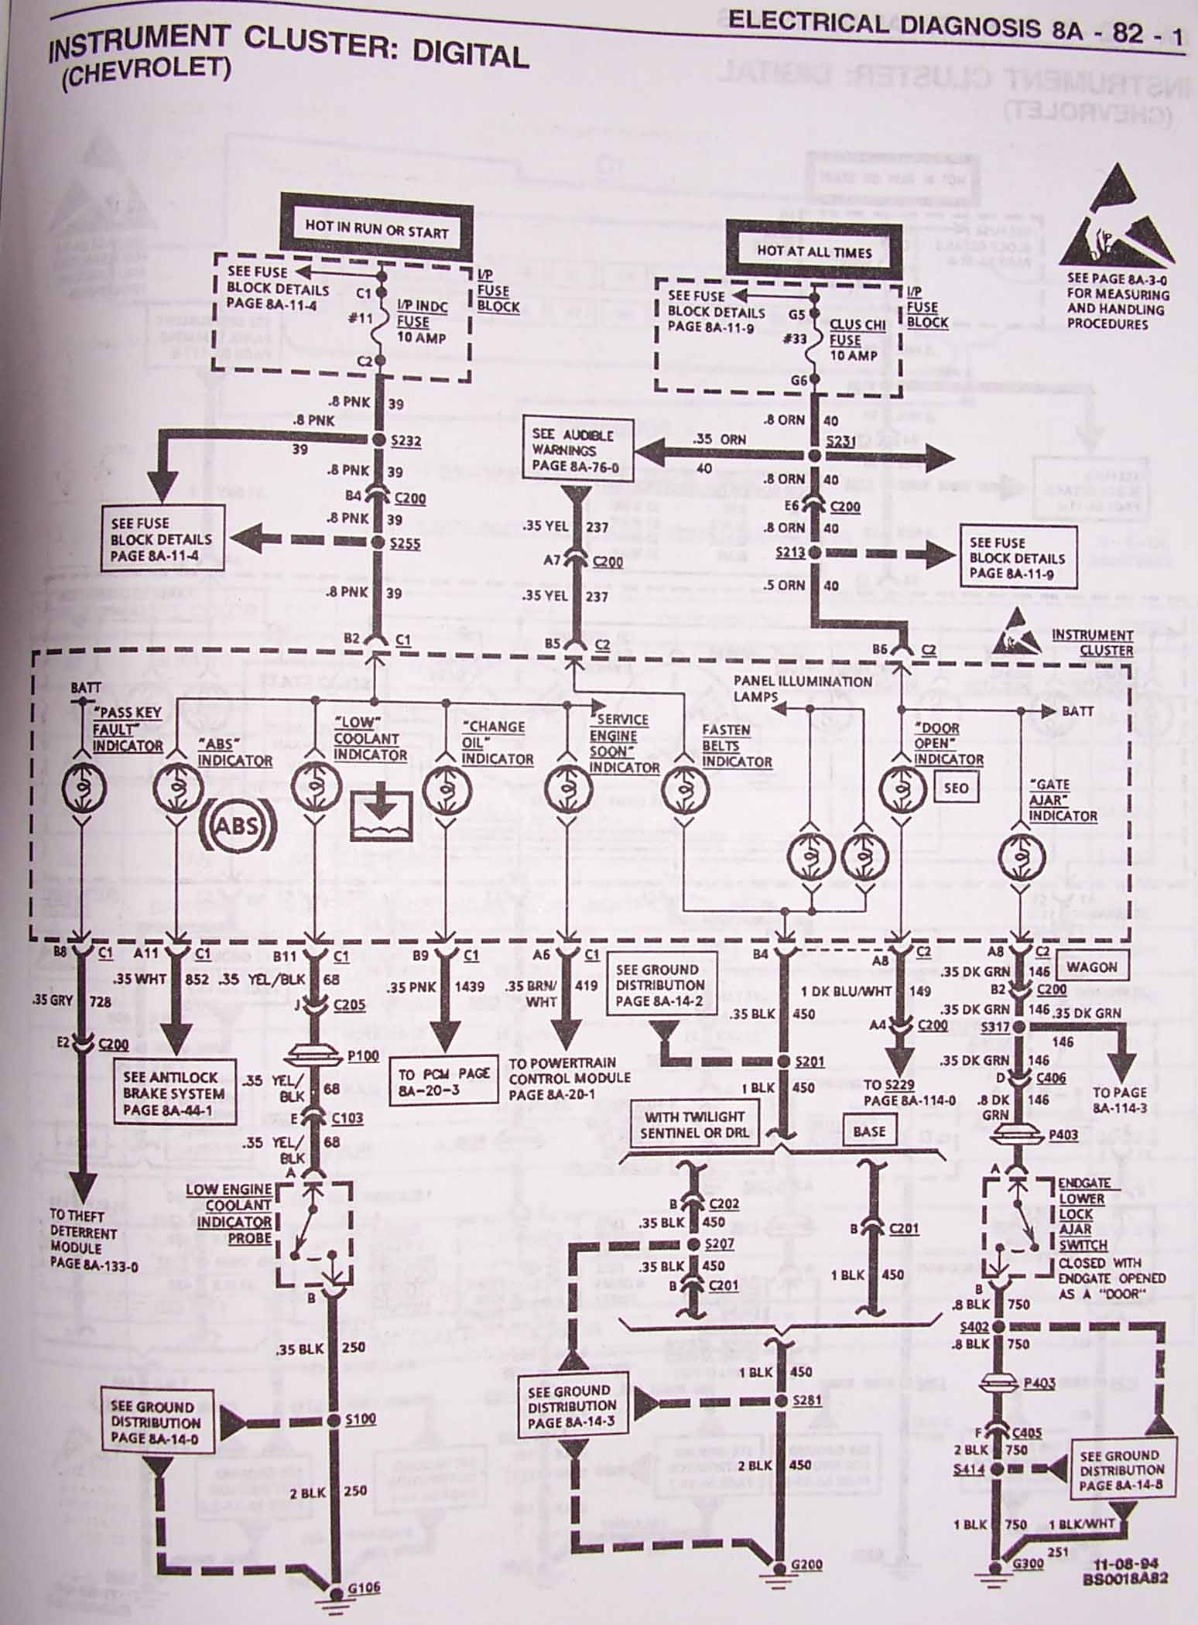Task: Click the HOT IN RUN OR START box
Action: (376, 230)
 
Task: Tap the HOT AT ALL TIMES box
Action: (813, 251)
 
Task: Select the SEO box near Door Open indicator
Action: (956, 788)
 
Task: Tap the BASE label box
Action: (868, 1131)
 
